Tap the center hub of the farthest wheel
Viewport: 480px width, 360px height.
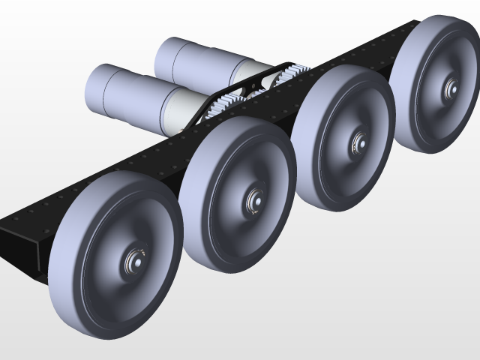click(x=451, y=88)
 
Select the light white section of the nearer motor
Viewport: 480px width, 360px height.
click(x=177, y=109)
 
